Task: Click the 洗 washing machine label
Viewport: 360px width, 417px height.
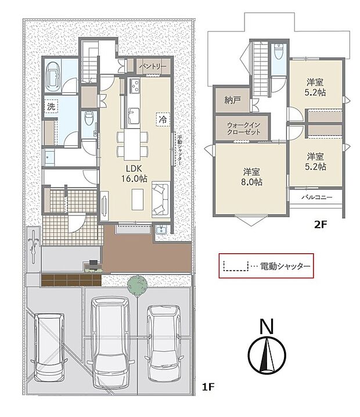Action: click(52, 107)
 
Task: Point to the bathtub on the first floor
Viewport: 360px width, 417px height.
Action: click(54, 76)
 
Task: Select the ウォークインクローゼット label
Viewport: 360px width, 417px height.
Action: click(243, 128)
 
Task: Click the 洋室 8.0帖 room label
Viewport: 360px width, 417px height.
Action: click(252, 177)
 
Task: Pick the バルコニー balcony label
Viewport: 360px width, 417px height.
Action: click(317, 197)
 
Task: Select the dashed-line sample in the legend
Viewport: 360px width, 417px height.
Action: click(235, 267)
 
